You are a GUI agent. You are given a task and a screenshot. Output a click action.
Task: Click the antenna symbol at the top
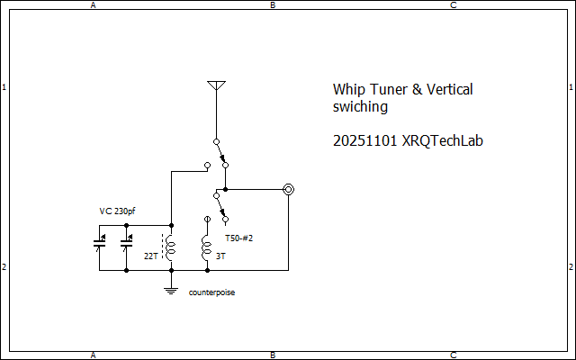[216, 86]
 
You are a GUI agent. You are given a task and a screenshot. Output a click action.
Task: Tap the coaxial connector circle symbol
[288, 190]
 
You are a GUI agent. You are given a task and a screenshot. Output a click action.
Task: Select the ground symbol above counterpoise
[171, 287]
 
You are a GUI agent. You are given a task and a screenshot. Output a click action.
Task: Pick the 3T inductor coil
[207, 246]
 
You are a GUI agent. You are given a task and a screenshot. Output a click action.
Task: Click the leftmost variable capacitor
[99, 242]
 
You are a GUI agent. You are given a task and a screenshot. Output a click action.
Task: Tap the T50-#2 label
[238, 238]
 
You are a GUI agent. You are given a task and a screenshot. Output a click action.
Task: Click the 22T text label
[150, 256]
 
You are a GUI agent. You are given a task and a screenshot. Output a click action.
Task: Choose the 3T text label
[222, 256]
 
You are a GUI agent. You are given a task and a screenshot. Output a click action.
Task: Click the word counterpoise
[211, 292]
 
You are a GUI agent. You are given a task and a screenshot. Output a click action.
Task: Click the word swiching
[360, 106]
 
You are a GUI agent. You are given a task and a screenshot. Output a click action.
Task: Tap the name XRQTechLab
[443, 141]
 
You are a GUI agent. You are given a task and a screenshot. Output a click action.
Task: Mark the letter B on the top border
[273, 4]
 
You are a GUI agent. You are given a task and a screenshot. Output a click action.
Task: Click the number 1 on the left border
[4, 87]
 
